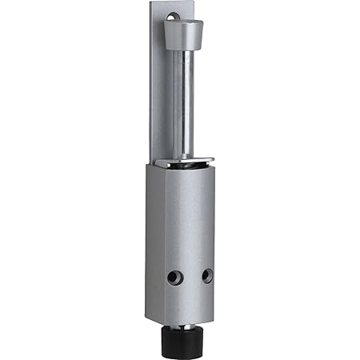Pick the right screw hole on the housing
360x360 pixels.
tap(207, 275)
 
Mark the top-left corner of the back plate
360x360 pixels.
tap(151, 3)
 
